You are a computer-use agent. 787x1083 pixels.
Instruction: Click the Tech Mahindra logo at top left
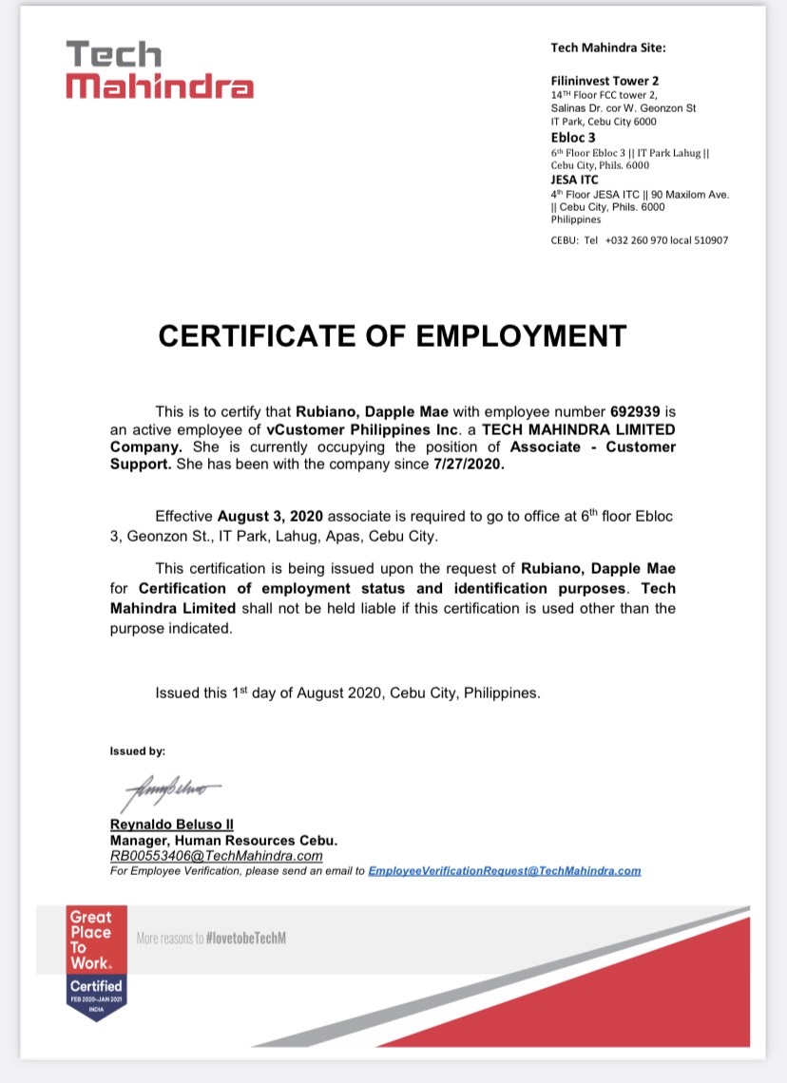[x=160, y=69]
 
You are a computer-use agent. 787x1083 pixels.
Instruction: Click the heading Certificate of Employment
[x=393, y=335]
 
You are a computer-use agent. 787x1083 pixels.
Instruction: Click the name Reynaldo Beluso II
[x=171, y=825]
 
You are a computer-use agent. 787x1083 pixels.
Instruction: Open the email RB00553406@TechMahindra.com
[x=217, y=855]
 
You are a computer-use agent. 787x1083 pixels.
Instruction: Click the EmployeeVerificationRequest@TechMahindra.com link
[x=504, y=870]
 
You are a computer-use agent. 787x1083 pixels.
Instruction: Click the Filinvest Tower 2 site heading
[x=605, y=81]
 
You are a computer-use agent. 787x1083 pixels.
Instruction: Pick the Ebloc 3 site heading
[x=573, y=137]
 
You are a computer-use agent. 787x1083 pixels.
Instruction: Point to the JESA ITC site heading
[x=576, y=179]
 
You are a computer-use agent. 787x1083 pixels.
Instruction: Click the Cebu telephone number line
[x=639, y=240]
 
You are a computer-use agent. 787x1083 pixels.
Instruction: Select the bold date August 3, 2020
[x=271, y=516]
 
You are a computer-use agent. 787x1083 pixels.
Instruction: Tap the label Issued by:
[x=138, y=750]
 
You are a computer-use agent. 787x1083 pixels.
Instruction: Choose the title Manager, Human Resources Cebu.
[x=223, y=841]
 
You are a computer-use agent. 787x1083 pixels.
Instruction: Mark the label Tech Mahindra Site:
[x=608, y=47]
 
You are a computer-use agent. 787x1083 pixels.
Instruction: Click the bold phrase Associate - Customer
[x=593, y=447]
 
